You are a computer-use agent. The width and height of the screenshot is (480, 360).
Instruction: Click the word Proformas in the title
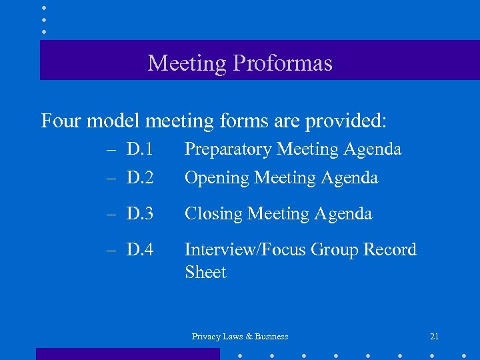tap(283, 63)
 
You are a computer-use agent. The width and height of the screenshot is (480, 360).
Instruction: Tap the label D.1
tap(140, 149)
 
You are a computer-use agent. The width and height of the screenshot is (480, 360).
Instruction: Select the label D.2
tap(140, 178)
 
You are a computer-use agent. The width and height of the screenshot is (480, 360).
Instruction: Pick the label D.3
tap(140, 214)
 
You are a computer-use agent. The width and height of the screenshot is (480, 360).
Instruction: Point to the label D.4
tap(140, 250)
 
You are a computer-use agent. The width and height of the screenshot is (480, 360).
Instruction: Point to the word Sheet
tap(205, 273)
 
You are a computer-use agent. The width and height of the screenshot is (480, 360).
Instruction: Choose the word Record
tap(389, 250)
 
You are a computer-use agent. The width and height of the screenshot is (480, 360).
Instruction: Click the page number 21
tap(435, 337)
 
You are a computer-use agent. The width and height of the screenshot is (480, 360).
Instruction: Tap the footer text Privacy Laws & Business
tap(240, 337)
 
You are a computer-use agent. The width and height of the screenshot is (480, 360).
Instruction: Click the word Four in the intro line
tap(62, 121)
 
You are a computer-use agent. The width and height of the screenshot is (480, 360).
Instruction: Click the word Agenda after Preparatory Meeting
tap(373, 149)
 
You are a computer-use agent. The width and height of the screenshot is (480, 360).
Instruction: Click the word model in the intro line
tap(113, 121)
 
